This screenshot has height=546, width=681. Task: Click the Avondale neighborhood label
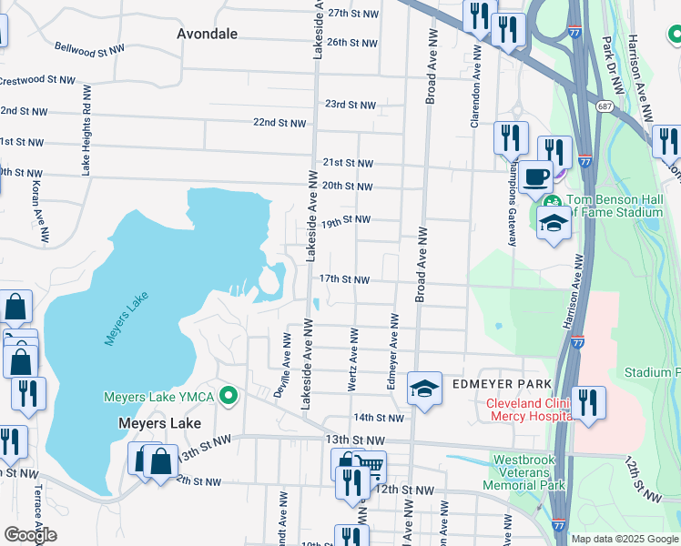point(207,34)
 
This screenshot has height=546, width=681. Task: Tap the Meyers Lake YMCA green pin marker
point(229,397)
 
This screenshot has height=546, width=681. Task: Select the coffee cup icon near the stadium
point(537,176)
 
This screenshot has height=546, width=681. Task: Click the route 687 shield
point(604,106)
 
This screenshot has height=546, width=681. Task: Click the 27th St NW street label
point(352,14)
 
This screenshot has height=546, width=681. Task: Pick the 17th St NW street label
point(343,279)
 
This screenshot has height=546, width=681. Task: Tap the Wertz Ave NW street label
point(353,361)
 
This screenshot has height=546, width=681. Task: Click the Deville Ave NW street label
point(286,364)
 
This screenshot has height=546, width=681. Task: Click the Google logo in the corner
point(30,535)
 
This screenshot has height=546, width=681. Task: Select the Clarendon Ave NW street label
point(475,91)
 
